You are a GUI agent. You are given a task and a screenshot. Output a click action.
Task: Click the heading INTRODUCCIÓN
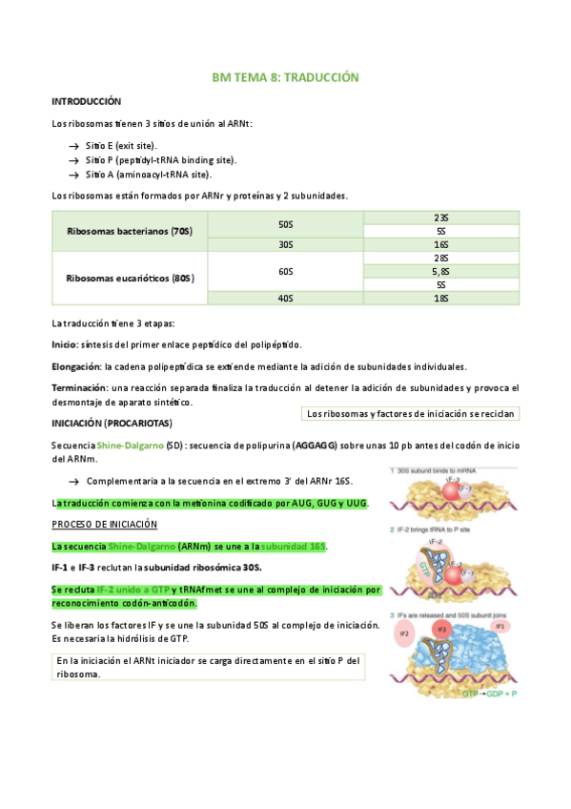coord(86,101)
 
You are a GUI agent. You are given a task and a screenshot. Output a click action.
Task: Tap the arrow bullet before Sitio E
coord(73,145)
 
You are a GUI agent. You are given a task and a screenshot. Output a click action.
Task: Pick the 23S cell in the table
coord(440,218)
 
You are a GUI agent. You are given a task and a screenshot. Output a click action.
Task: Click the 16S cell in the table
coord(440,245)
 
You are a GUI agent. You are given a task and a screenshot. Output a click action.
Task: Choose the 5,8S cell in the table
coord(440,272)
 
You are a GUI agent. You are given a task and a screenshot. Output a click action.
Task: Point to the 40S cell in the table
coord(285,299)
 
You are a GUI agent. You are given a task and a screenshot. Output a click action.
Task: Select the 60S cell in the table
coord(285,272)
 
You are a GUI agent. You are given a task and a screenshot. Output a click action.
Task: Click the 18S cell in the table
coord(440,299)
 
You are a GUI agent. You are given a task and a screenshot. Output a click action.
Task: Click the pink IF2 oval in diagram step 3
coord(403,633)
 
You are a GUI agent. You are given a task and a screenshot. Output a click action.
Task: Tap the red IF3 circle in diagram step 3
coord(440,631)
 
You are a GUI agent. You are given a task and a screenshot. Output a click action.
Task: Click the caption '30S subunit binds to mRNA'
coord(439,470)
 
